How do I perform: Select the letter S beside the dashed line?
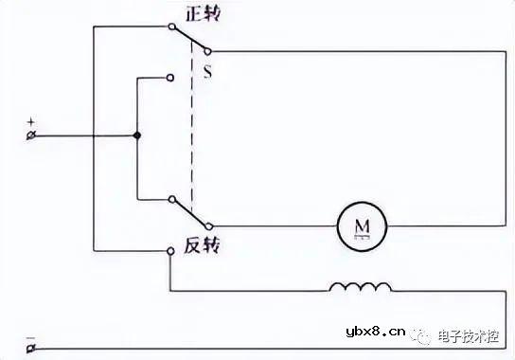[x=207, y=71]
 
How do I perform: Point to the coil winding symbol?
[x=360, y=286]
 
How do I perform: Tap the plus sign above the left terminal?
[x=31, y=122]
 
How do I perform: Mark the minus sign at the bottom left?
[x=31, y=336]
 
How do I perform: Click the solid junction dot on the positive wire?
[x=137, y=136]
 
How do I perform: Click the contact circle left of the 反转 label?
[x=170, y=250]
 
